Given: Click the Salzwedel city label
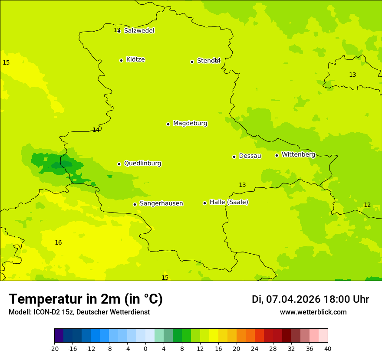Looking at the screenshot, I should coord(139,30).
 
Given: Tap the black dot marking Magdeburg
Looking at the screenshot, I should coord(168,124).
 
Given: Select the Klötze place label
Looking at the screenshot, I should coord(135,59).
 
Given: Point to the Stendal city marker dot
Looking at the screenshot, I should coord(192,62).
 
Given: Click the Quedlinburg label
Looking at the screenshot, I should coord(142,164).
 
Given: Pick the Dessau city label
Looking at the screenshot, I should coord(250,156).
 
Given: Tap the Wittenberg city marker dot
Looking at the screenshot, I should coord(277,155).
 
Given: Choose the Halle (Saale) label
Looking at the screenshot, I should coord(229,202).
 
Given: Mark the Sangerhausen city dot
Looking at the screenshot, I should coord(135,204).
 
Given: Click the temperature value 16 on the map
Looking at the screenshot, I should coord(58,242).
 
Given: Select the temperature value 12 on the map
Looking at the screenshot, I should coord(367,205).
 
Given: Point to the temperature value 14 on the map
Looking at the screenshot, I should coord(96,130).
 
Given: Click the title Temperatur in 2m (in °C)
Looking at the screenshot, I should coord(86,299).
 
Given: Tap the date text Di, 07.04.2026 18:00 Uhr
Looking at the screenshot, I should coord(310,299).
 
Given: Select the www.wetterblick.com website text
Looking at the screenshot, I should coord(313,312).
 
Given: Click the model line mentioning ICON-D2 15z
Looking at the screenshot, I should coord(79,312).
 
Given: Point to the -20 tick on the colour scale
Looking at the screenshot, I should coord(54,348).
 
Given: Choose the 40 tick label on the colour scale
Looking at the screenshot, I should coord(328,348).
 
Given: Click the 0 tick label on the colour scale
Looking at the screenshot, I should coord(145,348).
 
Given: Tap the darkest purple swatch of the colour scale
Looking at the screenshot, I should coord(59,335).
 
